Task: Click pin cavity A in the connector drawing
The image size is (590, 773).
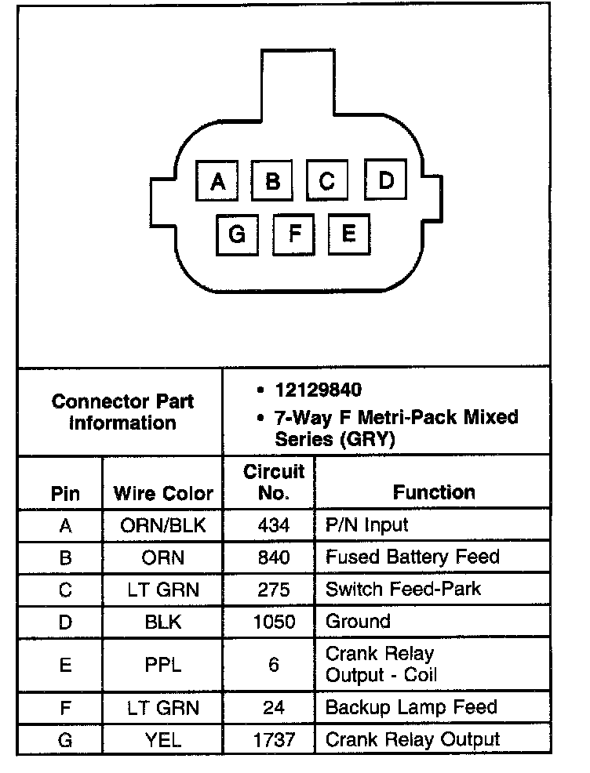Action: pos(218,182)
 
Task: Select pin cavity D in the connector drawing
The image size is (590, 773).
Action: pos(385,180)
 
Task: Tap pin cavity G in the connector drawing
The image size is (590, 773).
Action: pos(237,234)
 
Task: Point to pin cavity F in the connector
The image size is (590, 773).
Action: pos(293,234)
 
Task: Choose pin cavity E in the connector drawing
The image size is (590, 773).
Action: pos(349,233)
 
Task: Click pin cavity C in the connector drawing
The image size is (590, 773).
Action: pos(327,182)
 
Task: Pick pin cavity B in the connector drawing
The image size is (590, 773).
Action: pos(272,182)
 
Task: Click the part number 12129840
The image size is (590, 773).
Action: pos(319,390)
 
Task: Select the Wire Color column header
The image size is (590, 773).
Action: pos(163,493)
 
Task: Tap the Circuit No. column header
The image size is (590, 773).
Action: pos(273,482)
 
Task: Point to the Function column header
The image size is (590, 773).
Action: pos(434,492)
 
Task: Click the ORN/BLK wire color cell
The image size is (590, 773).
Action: pos(163,524)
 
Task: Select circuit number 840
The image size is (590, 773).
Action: pos(273,557)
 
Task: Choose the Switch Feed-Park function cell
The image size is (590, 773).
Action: pos(402,589)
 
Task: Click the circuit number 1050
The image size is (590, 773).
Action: pos(273,622)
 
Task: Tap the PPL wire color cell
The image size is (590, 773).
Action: pos(163,664)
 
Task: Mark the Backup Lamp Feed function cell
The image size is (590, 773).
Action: pos(411,707)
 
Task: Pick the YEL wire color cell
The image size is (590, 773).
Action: pos(163,739)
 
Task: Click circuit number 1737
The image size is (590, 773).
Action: pos(273,739)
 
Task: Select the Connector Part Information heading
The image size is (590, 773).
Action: pos(122,412)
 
